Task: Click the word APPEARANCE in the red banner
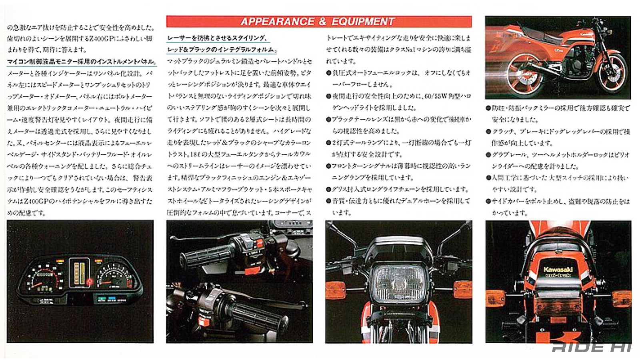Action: [x=277, y=22]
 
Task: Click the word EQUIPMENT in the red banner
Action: [x=363, y=22]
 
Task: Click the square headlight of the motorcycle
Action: [x=398, y=282]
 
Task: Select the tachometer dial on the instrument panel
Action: [x=114, y=277]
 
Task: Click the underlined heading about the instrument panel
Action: [x=81, y=62]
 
